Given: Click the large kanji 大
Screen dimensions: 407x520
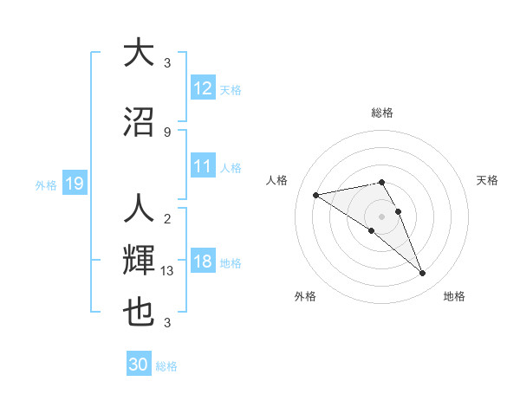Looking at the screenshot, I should (x=140, y=53).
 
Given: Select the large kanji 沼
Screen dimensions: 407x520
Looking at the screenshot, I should (x=140, y=121).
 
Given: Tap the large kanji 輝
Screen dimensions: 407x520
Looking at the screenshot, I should (x=140, y=261).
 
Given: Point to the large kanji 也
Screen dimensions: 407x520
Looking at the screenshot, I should (x=140, y=313).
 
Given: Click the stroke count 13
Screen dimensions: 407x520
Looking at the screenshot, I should (x=168, y=271).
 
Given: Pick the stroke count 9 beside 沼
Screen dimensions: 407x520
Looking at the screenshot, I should (x=167, y=132).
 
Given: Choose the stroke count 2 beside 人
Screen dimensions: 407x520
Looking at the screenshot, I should (x=167, y=218).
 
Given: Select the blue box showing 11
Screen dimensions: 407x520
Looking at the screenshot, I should (x=203, y=166).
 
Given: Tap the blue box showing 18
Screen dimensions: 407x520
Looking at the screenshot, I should (x=203, y=262).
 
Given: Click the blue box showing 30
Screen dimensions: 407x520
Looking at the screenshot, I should (x=139, y=365).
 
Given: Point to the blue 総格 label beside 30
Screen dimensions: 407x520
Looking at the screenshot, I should (x=166, y=366).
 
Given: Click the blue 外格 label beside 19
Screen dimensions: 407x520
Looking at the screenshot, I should (x=46, y=184).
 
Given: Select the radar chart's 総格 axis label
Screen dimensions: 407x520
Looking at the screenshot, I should (x=382, y=113).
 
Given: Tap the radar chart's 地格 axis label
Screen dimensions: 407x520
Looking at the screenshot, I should (x=454, y=296).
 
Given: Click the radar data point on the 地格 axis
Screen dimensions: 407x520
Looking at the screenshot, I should (x=423, y=274).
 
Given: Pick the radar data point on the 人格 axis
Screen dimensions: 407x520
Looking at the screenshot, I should (x=315, y=195).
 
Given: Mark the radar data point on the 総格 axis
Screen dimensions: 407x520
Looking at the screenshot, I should (x=382, y=182).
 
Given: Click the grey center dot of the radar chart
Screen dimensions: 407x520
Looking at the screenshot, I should (x=382, y=216).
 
